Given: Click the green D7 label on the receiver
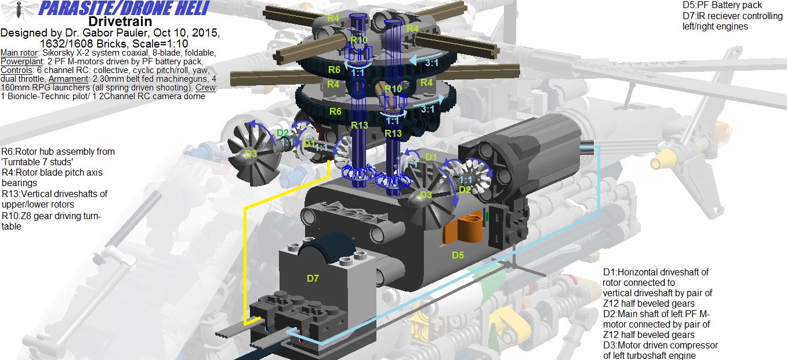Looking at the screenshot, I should (x=313, y=279).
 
